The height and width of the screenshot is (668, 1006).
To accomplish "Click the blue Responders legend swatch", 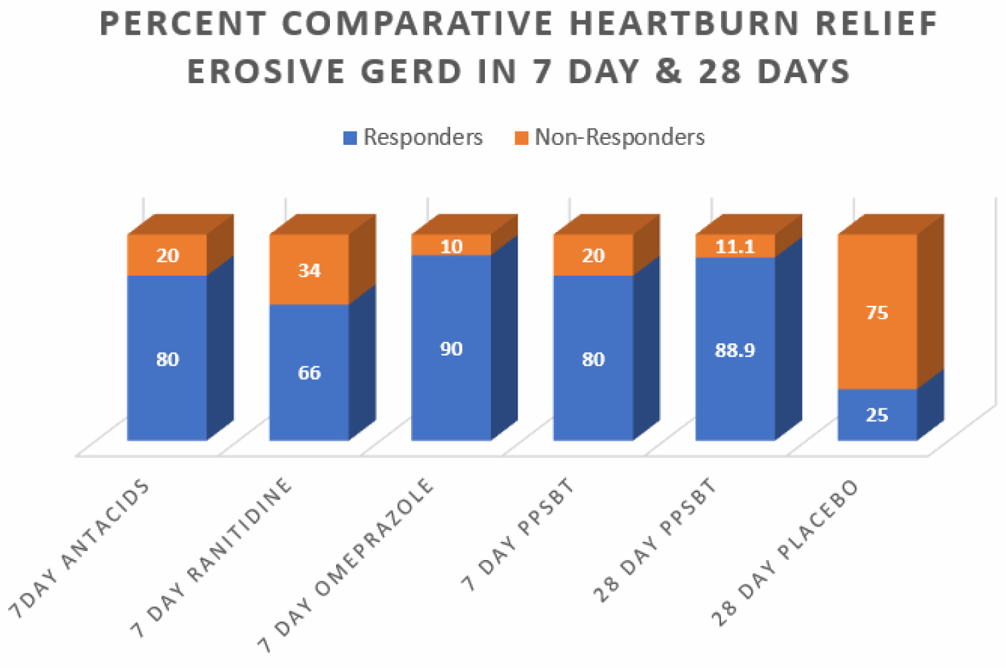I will pyautogui.click(x=349, y=138).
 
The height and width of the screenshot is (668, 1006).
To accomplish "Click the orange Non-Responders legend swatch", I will pyautogui.click(x=521, y=138).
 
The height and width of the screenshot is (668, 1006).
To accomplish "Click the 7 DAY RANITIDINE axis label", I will pyautogui.click(x=211, y=557).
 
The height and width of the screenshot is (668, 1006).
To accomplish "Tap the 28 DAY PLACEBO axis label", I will pyautogui.click(x=785, y=553).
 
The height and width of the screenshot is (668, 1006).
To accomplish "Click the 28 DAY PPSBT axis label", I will pyautogui.click(x=655, y=541).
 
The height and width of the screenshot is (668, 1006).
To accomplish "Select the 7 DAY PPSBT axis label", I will pyautogui.click(x=518, y=535).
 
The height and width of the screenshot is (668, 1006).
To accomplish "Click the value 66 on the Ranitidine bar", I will pyautogui.click(x=309, y=373).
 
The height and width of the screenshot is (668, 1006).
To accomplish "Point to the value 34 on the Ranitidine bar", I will pyautogui.click(x=309, y=270).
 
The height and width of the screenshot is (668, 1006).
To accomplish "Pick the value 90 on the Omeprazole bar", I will pyautogui.click(x=451, y=349).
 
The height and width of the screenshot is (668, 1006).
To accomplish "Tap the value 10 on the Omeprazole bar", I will pyautogui.click(x=451, y=246).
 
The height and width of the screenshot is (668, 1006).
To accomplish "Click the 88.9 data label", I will pyautogui.click(x=735, y=350).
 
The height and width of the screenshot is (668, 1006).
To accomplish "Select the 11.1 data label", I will pyautogui.click(x=735, y=247).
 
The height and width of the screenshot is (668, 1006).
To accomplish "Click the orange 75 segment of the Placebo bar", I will pyautogui.click(x=877, y=313).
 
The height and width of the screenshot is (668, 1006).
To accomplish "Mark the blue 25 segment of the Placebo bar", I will pyautogui.click(x=877, y=415).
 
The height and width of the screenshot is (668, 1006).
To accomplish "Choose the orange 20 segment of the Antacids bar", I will pyautogui.click(x=168, y=256).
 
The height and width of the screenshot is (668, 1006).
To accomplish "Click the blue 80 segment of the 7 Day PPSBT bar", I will pyautogui.click(x=593, y=359).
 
